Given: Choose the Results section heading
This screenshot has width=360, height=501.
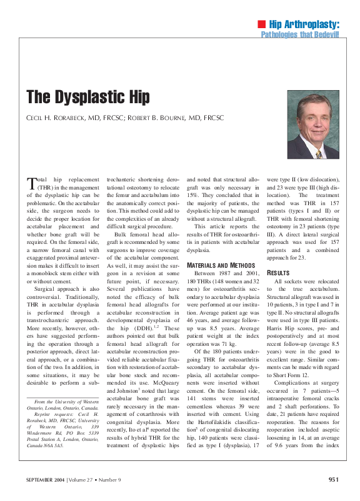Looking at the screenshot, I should (x=278, y=273).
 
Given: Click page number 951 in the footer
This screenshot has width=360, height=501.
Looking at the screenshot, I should (x=333, y=480).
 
